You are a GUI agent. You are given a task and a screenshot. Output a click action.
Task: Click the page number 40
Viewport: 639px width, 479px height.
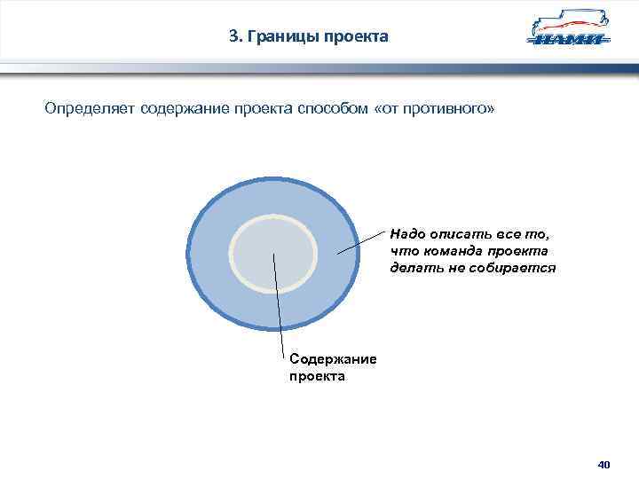(x=604, y=464)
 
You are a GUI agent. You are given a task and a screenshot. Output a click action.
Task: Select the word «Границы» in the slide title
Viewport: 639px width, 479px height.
(x=283, y=36)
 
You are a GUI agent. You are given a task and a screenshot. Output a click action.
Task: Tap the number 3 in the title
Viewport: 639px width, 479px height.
(x=233, y=36)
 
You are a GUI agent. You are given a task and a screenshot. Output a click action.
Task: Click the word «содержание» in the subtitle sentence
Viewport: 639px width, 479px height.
(x=184, y=108)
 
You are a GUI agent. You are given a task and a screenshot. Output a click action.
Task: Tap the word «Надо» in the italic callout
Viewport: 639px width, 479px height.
(x=407, y=235)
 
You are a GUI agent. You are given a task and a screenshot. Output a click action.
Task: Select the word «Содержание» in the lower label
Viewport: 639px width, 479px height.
(x=333, y=359)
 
